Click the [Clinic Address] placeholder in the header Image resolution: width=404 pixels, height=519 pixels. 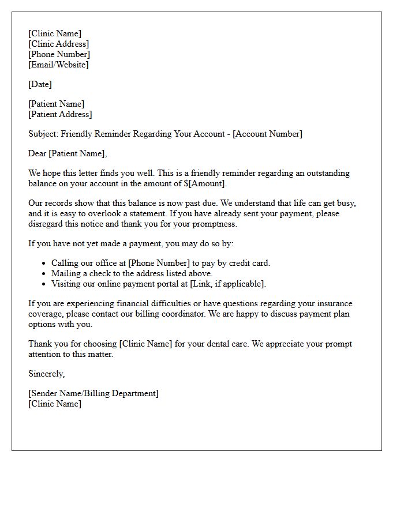coord(58,44)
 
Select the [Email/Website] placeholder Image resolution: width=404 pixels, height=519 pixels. coord(58,65)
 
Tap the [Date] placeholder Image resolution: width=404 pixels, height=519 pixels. coord(40,84)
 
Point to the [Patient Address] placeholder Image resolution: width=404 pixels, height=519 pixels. coord(60,114)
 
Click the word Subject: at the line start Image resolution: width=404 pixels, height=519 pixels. coord(44,134)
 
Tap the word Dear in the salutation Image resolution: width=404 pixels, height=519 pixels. coord(38,153)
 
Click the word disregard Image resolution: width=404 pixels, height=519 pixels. coord(47,224)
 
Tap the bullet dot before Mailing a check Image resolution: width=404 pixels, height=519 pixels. coord(44,274)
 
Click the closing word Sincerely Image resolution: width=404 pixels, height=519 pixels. coord(46,374)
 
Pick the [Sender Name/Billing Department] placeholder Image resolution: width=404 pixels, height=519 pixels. coord(93,393)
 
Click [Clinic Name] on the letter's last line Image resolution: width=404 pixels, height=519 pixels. coord(55,404)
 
